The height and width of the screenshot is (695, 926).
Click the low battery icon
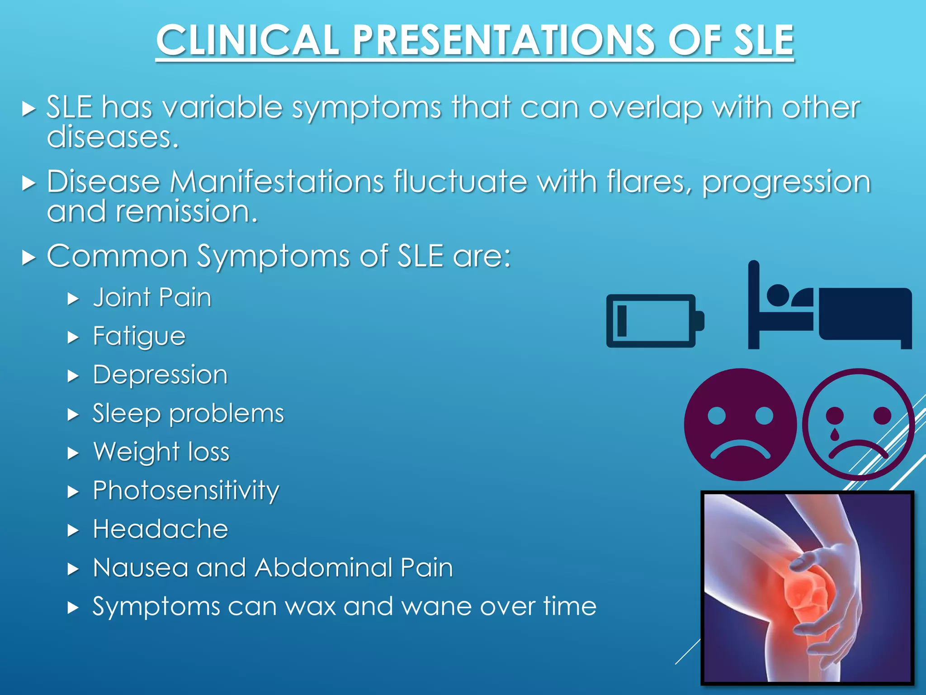[654, 321]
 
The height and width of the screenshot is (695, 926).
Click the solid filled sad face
[740, 424]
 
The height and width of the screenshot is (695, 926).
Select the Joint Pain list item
[152, 298]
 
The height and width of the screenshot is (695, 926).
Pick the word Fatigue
[139, 336]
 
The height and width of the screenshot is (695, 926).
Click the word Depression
[160, 375]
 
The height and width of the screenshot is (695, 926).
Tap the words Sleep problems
[188, 414]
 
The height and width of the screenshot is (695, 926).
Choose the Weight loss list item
[161, 452]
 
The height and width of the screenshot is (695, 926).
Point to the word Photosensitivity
[186, 490]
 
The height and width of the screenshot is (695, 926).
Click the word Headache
[161, 529]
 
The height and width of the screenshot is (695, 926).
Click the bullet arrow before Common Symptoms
[28, 258]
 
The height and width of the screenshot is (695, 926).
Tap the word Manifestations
[277, 182]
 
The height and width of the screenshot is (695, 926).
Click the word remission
[186, 212]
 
